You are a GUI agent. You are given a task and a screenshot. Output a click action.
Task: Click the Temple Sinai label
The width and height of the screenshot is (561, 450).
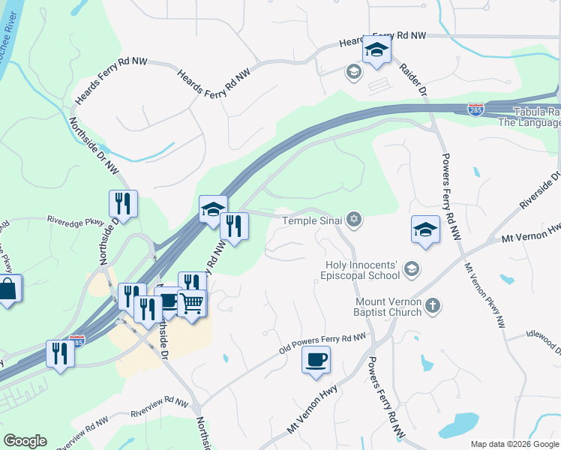[x=312, y=220]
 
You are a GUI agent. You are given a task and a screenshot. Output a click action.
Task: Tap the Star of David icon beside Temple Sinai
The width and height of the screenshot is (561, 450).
[x=354, y=220]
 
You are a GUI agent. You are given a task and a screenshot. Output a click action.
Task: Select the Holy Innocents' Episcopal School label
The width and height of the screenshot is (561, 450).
[x=363, y=270]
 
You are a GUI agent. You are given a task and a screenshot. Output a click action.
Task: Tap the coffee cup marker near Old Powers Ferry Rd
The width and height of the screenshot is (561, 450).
[x=316, y=359]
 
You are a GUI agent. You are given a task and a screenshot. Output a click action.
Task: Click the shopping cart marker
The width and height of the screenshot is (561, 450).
[x=192, y=303]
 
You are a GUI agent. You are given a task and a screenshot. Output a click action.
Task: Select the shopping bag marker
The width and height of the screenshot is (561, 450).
[x=7, y=288]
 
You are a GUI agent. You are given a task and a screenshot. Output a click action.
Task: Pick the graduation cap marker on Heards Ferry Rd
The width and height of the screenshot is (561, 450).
[x=376, y=50]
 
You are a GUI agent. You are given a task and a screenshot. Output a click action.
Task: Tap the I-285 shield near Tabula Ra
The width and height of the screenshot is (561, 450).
[x=475, y=109]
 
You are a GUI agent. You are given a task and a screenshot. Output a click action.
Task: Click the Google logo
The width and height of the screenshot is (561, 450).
[x=25, y=441]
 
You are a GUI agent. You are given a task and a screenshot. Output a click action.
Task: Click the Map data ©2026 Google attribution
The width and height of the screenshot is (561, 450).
[x=514, y=444]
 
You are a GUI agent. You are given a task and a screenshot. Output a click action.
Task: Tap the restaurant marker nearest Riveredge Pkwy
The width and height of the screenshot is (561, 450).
[x=121, y=203]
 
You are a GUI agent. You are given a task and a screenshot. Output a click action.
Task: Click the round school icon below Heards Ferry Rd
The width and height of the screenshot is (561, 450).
[x=352, y=72]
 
